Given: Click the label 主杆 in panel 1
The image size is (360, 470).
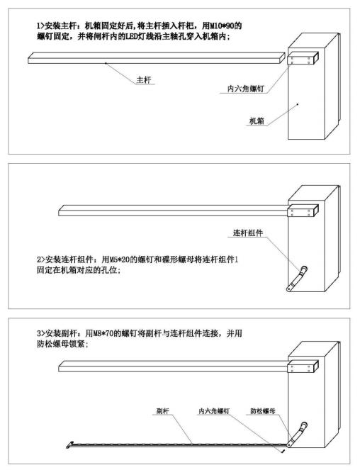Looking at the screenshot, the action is [144, 80].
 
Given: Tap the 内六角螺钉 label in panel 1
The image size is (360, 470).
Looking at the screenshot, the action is [246, 89].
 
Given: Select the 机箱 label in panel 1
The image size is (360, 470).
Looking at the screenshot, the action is [257, 121].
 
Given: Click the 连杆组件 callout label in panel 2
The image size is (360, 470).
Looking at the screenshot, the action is [248, 233].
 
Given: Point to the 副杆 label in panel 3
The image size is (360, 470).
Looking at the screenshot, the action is [163, 411].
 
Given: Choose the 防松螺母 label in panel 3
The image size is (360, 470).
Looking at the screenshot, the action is [263, 411].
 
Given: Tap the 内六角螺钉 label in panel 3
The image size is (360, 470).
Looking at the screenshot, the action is [214, 411].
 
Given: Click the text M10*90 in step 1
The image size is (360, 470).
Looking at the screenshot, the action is [222, 26].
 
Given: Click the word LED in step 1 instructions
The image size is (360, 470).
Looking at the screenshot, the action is [131, 37].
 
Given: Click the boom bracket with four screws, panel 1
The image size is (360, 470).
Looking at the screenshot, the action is [302, 58].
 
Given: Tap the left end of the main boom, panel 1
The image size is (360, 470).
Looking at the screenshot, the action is [29, 60].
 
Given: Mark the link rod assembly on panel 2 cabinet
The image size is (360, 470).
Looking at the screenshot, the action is [297, 279].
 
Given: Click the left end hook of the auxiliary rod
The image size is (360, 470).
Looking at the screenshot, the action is [69, 445].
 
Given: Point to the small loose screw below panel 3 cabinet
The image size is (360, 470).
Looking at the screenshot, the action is [283, 451].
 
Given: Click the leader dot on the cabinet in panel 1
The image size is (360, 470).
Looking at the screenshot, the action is [298, 104].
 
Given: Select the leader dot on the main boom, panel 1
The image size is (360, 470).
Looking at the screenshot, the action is [106, 63].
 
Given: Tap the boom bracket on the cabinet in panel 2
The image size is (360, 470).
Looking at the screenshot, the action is [303, 211].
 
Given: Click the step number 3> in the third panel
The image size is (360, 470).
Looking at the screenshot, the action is [41, 333].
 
